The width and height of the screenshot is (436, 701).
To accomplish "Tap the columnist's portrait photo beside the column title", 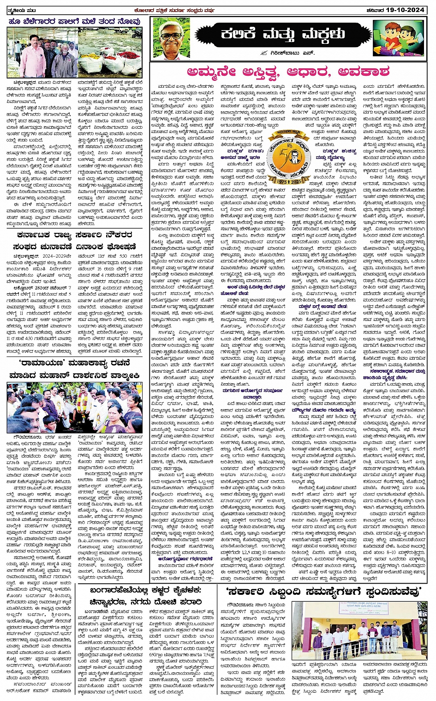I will (174, 38).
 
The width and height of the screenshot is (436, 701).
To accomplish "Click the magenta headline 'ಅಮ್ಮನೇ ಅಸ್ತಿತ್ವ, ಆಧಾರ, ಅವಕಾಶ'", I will (288, 72).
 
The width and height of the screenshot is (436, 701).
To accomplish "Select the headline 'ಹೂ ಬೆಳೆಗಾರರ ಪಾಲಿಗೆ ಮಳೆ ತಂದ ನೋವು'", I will (74, 21).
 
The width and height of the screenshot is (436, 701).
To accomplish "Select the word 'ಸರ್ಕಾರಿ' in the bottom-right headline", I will (261, 592).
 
